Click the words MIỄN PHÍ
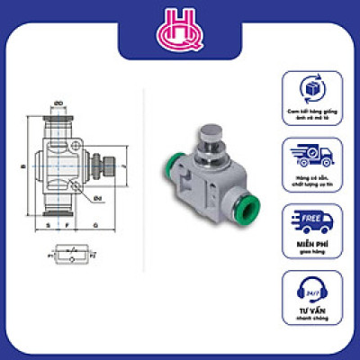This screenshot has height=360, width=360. click(x=312, y=244)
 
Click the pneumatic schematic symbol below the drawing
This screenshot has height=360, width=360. click(x=68, y=257)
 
